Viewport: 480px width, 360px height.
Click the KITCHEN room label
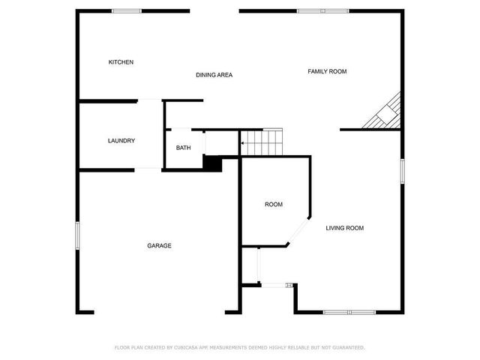[121, 62]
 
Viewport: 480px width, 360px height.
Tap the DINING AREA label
[214, 75]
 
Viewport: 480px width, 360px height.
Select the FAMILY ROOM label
[327, 71]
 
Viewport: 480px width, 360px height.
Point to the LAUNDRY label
[121, 141]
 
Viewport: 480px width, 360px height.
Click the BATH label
[184, 148]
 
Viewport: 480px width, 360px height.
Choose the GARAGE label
[159, 246]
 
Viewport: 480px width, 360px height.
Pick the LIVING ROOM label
[344, 228]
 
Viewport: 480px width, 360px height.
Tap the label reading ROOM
[273, 205]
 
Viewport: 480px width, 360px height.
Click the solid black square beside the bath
[212, 163]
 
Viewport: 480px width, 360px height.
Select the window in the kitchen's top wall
[127, 10]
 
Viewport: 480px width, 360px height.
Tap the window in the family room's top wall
[312, 10]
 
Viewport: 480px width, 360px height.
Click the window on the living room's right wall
[402, 169]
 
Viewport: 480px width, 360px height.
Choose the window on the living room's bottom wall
[349, 311]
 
